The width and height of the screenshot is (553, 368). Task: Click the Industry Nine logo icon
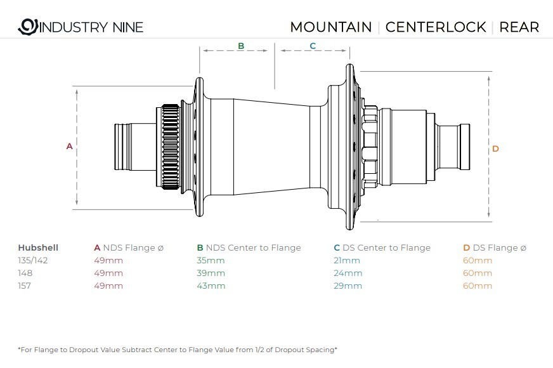pos(28,27)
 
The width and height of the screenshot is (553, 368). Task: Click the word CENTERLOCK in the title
pos(436,27)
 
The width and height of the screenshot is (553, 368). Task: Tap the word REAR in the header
pos(519,27)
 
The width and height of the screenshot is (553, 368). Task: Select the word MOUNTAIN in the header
pos(331,27)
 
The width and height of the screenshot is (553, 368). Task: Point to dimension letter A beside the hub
pos(70,146)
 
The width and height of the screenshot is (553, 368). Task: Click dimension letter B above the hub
pos(241,46)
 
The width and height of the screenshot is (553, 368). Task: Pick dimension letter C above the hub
pos(313,46)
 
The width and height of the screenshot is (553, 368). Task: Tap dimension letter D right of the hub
pos(495,148)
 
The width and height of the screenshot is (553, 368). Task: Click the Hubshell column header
pos(38,247)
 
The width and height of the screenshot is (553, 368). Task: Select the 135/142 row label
pos(33,260)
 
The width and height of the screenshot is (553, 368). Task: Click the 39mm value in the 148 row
pos(211,273)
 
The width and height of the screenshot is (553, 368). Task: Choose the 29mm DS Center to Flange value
pos(348,286)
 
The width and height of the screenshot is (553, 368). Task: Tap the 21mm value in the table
pos(347,260)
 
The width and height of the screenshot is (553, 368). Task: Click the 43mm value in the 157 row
pos(211,286)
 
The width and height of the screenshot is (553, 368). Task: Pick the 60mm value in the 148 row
pos(478,273)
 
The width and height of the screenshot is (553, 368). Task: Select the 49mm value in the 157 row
pos(108,286)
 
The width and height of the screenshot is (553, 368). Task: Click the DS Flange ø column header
pos(495,247)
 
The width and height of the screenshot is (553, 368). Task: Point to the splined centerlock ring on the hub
pos(171,147)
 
